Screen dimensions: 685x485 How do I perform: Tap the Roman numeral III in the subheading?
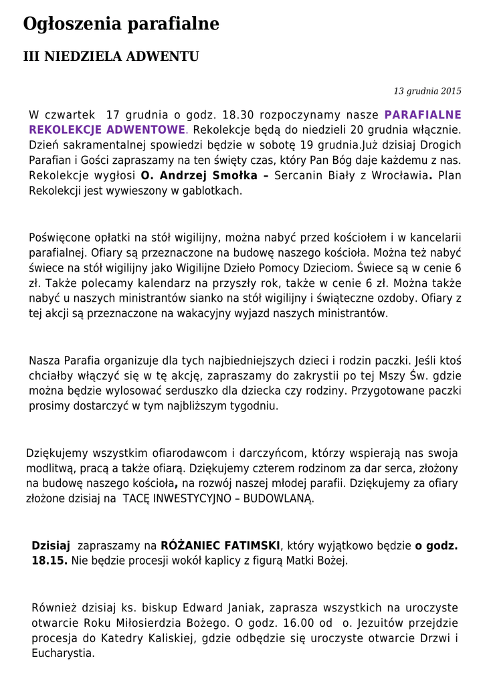click(x=31, y=57)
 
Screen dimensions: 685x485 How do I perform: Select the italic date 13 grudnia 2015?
click(x=427, y=91)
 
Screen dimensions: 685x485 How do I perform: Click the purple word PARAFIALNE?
click(x=423, y=114)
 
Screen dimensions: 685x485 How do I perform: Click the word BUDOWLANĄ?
click(x=278, y=499)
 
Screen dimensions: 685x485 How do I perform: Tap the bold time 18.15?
click(x=49, y=561)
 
